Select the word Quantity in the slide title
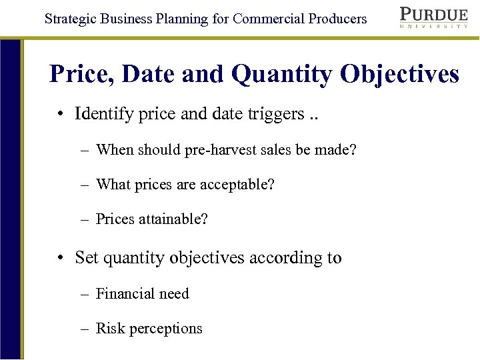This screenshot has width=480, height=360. pyautogui.click(x=281, y=74)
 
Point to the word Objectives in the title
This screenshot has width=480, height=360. pyautogui.click(x=399, y=74)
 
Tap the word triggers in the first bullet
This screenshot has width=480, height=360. pyautogui.click(x=275, y=114)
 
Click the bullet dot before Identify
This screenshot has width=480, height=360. pyautogui.click(x=60, y=114)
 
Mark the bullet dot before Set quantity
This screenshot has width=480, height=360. pyautogui.click(x=60, y=258)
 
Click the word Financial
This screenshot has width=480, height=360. pyautogui.click(x=123, y=293)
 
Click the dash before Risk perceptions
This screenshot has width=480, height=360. pyautogui.click(x=85, y=329)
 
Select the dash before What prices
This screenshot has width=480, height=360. pyautogui.click(x=85, y=184)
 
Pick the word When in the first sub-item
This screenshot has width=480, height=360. pyautogui.click(x=115, y=149)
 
